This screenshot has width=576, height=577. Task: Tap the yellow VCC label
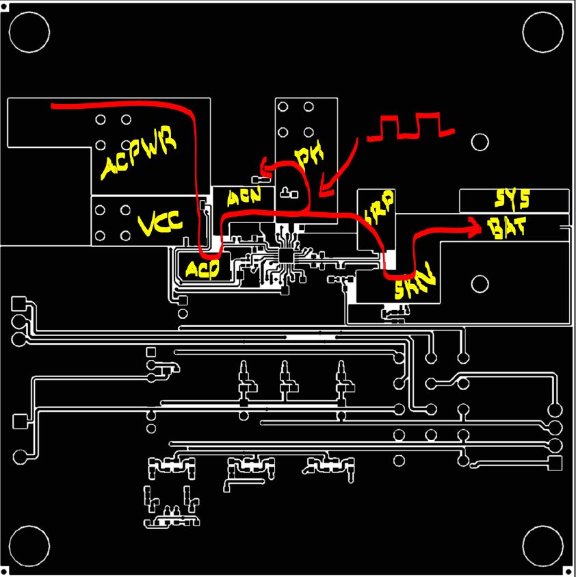161,224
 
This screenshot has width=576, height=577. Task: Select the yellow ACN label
244,198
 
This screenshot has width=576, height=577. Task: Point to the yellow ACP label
203,269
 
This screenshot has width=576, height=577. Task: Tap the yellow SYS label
512,200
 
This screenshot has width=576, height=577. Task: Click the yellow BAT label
507,228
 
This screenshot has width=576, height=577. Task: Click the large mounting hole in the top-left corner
30,31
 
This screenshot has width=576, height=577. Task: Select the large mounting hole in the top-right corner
543,31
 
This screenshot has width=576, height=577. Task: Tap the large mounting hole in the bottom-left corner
30,546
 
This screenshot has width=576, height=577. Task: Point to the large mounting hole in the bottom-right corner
543,546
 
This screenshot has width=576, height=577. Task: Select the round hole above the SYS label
480,142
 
